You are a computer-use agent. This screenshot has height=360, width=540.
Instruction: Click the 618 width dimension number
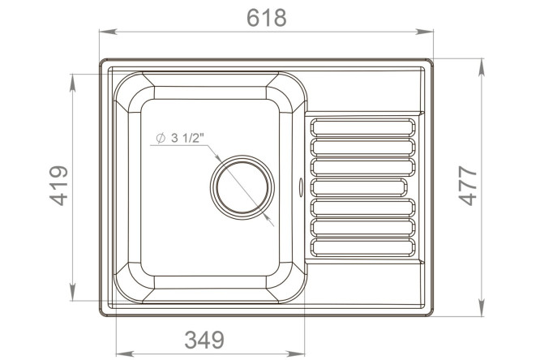click(x=267, y=18)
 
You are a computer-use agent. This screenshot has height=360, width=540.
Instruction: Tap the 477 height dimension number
click(x=468, y=186)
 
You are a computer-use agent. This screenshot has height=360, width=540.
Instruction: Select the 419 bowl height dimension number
click(x=58, y=186)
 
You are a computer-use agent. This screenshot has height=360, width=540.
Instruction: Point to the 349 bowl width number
click(x=204, y=340)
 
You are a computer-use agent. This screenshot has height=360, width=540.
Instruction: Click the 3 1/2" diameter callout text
click(x=180, y=138)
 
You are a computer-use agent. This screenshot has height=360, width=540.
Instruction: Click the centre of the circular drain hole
click(x=242, y=187)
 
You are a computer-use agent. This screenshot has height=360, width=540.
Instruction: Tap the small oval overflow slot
click(x=301, y=187)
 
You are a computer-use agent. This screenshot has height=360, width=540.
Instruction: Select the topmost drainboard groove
click(x=363, y=127)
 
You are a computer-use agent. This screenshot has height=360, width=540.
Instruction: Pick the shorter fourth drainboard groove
click(x=359, y=188)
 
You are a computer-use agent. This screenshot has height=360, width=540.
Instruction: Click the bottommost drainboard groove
click(x=363, y=247)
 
